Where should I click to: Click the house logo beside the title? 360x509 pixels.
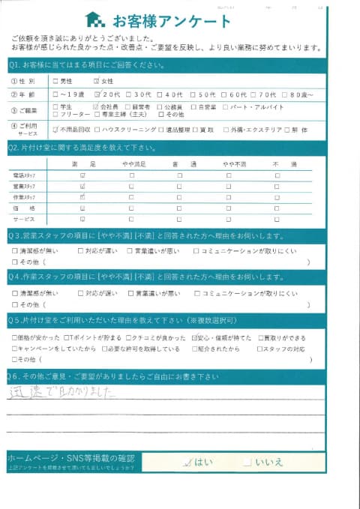coord(95,19)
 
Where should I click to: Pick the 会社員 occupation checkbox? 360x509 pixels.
coord(95,107)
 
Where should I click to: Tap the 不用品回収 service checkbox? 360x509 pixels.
coord(56,129)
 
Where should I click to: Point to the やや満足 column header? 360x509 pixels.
coord(132,163)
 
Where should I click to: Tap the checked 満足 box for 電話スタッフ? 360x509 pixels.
coord(82,175)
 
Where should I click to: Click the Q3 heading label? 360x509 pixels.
coord(16,235)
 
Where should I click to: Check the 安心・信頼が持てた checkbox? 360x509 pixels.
coord(195,338)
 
